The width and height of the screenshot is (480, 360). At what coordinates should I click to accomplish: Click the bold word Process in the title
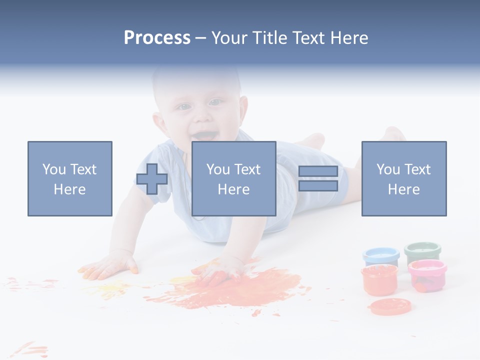[x=157, y=38]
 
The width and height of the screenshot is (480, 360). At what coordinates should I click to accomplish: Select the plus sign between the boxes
[x=152, y=179]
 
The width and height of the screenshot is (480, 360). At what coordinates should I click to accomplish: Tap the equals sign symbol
[x=318, y=178]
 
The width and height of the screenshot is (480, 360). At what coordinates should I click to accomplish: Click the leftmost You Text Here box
[x=70, y=178]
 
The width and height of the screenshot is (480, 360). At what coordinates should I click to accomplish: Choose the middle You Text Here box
[x=233, y=178]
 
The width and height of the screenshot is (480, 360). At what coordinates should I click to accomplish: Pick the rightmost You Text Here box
[x=403, y=178]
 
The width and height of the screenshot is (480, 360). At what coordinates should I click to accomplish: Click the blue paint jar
[x=381, y=256]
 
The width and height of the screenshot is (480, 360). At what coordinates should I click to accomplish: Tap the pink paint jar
[x=427, y=274]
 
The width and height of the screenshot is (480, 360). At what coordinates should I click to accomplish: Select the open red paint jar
[x=379, y=279]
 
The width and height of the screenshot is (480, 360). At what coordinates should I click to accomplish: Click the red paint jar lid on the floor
[x=390, y=306]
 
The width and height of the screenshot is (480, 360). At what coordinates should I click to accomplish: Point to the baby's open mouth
[x=205, y=135]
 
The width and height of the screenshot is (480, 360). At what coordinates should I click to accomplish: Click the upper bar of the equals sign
[x=318, y=171]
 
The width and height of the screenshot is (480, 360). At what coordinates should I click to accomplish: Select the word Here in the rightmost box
[x=403, y=189]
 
